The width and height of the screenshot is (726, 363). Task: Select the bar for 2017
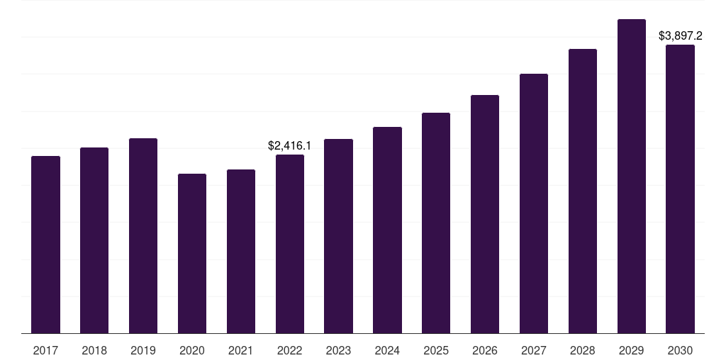(x=45, y=245)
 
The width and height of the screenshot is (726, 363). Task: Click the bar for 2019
(x=143, y=235)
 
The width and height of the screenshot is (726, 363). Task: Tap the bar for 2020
(x=192, y=254)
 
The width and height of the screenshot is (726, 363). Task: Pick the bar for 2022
(x=290, y=244)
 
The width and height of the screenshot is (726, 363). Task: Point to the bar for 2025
(x=436, y=223)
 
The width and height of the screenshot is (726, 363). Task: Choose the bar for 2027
(x=534, y=203)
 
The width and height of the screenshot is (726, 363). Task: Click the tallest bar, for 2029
(x=632, y=177)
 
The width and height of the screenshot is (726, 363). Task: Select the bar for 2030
(x=680, y=189)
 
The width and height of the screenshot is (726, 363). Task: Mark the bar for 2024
(x=388, y=230)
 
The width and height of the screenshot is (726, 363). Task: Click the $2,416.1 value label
(x=290, y=146)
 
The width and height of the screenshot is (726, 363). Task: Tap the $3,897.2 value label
(x=681, y=35)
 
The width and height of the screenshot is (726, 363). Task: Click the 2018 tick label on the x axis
(x=94, y=350)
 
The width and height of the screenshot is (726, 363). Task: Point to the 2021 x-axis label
(x=241, y=350)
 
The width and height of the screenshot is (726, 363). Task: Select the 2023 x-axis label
(x=338, y=350)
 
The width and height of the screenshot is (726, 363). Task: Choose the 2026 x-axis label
(x=485, y=350)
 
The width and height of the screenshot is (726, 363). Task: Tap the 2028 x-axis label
(x=583, y=350)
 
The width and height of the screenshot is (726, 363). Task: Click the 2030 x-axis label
(x=681, y=350)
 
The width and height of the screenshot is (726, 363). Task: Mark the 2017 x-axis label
(x=45, y=350)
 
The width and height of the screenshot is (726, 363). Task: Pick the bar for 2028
(x=583, y=191)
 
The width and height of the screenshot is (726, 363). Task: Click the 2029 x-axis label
(x=632, y=350)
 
